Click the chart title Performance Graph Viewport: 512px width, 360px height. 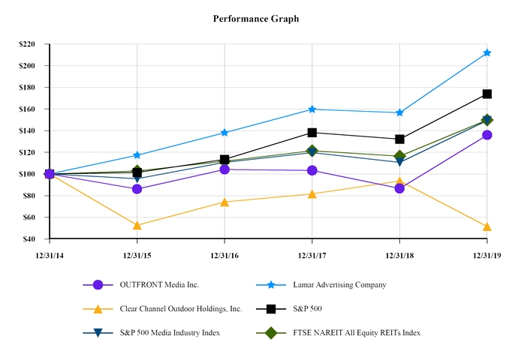(255, 17)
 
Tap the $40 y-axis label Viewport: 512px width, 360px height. (29, 239)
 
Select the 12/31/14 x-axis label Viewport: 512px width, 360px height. (50, 255)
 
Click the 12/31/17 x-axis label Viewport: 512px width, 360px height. (312, 255)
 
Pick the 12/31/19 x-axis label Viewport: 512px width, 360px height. (486, 255)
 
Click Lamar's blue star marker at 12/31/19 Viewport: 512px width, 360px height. (487, 52)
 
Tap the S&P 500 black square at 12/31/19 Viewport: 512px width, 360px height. (487, 94)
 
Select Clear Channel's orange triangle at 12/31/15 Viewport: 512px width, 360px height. (137, 225)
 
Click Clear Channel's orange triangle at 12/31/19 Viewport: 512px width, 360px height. (487, 226)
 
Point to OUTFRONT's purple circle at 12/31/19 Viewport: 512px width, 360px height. (487, 135)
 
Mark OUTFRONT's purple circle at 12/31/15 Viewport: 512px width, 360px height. (137, 189)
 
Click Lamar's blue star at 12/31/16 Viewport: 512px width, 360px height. (224, 133)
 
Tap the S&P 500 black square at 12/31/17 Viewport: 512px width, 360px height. (312, 133)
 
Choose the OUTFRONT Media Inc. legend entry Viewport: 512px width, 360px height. (158, 285)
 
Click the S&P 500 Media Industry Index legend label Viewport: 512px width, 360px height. (170, 332)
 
